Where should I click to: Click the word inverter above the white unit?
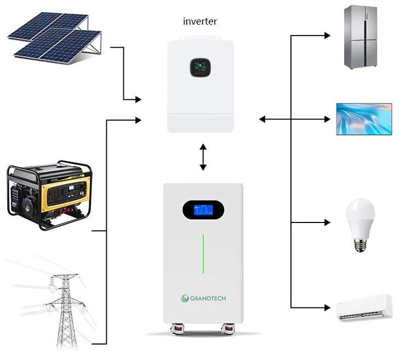[x=200, y=22]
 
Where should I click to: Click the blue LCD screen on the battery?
[x=203, y=210]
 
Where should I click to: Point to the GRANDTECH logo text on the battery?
[x=203, y=298]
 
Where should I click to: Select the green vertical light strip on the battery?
[x=203, y=253]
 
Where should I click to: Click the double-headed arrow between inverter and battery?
[x=203, y=158]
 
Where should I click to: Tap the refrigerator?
[x=360, y=37]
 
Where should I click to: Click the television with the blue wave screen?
[x=363, y=118]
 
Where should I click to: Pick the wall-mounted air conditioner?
[x=364, y=307]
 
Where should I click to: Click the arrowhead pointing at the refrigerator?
[x=327, y=36]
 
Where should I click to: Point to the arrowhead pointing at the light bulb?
[x=327, y=222]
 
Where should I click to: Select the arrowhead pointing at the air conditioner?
[x=327, y=307]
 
